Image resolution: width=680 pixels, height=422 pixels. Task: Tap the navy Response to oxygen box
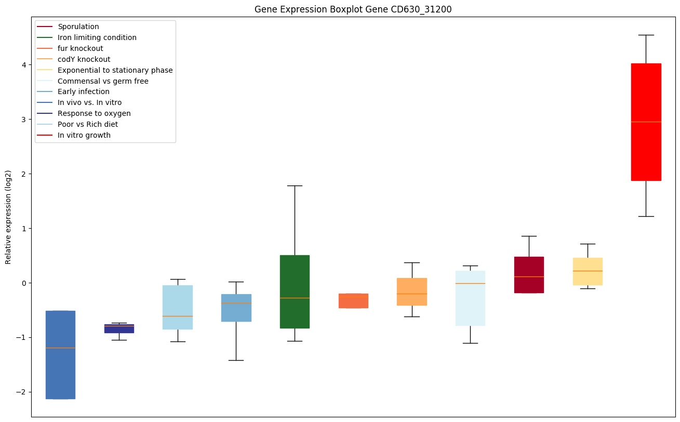click(x=119, y=328)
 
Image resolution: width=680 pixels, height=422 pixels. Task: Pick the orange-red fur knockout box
click(x=353, y=301)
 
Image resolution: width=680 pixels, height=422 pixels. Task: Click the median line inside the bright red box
click(x=646, y=122)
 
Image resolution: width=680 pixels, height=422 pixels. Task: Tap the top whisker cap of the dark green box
click(x=295, y=186)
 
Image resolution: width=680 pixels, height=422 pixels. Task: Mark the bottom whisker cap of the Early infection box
click(x=236, y=360)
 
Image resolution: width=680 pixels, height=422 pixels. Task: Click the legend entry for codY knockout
click(x=84, y=59)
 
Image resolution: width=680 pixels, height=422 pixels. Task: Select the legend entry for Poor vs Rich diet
click(x=87, y=124)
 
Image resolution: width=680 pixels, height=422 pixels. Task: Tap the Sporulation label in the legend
click(x=78, y=27)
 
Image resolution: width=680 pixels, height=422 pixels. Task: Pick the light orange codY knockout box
click(x=412, y=292)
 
